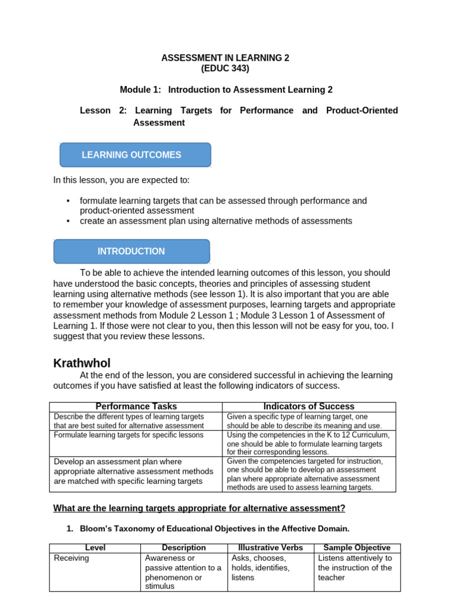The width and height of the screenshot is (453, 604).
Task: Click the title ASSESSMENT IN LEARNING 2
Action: tap(226, 58)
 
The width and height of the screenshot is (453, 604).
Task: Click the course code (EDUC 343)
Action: tap(226, 68)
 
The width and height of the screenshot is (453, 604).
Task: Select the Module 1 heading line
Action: tap(226, 90)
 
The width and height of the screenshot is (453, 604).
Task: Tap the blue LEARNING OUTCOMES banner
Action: tap(135, 155)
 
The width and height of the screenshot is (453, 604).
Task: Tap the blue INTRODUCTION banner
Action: tap(132, 251)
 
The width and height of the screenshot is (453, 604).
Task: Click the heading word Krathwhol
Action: tap(82, 363)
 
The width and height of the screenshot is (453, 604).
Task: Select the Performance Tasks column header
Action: tap(136, 406)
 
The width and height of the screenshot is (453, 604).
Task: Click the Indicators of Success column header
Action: tap(308, 406)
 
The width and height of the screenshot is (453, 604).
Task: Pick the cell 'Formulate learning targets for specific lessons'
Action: tap(129, 435)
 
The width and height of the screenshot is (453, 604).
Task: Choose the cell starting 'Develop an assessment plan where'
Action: tap(133, 471)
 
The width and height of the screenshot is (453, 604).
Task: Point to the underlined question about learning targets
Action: tap(199, 508)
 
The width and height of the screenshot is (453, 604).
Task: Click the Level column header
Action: tap(95, 548)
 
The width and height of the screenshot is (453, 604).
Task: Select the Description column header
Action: tap(184, 548)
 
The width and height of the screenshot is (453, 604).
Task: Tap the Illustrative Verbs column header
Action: tap(270, 548)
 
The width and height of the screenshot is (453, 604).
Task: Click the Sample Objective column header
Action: tap(357, 548)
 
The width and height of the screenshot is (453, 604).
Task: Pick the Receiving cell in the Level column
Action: tap(71, 558)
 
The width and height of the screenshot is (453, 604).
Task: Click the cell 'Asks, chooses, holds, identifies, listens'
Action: tap(261, 567)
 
